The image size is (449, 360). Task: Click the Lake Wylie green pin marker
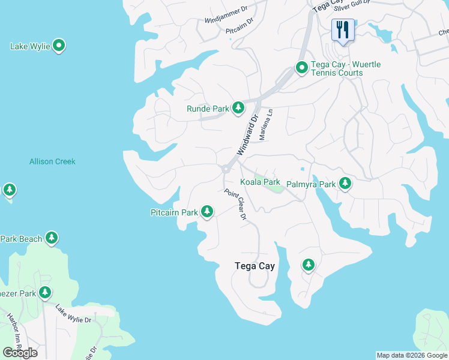[x=59, y=46]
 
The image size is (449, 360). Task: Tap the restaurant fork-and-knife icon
[x=343, y=29]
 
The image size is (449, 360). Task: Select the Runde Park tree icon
[x=238, y=108]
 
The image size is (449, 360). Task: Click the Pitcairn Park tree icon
[x=207, y=212]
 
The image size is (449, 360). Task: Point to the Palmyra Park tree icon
[x=345, y=184]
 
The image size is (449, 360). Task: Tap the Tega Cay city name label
[x=254, y=266]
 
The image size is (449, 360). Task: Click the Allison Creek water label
[x=52, y=161]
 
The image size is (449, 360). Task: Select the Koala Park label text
[x=260, y=182]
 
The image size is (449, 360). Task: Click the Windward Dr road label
[x=247, y=135]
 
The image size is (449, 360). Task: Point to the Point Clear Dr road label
[x=236, y=205]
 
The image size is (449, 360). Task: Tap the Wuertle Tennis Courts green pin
[x=301, y=68]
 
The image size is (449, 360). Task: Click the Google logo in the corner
[x=20, y=352]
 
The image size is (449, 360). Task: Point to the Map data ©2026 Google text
[x=412, y=355]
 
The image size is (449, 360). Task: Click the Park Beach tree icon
[x=52, y=239]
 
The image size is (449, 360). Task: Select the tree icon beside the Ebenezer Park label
[x=45, y=293]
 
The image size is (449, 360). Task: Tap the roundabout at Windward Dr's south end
[x=226, y=169]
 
